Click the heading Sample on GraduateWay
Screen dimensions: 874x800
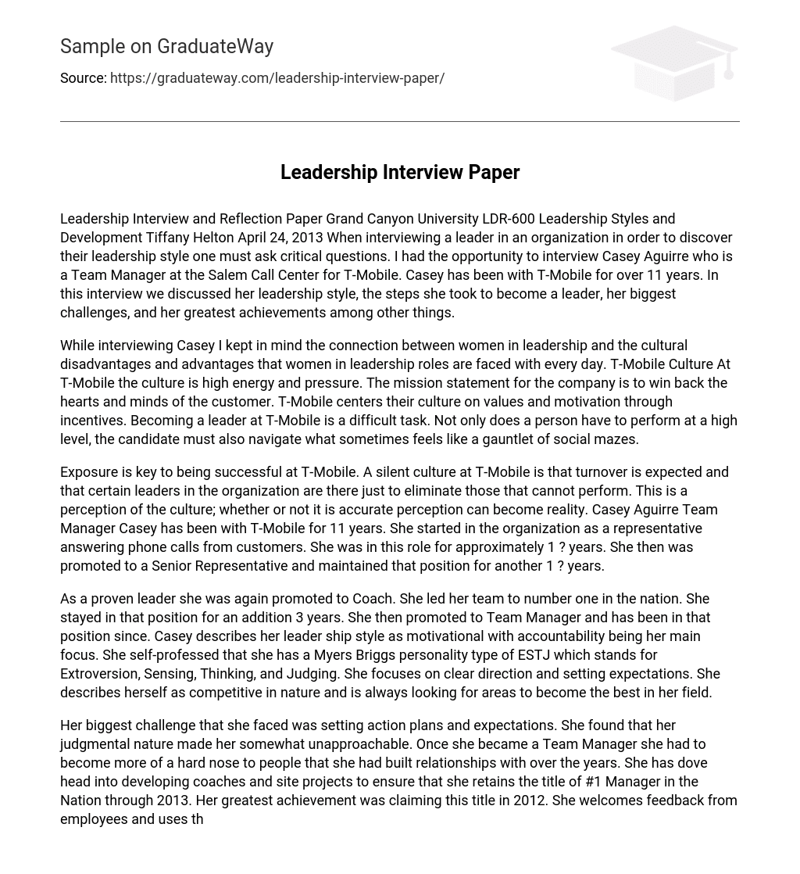(166, 47)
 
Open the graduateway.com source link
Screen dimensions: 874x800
(277, 78)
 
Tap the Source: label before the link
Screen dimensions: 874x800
(83, 78)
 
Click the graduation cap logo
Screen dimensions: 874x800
(673, 63)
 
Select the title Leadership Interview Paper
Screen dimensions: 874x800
(400, 172)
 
